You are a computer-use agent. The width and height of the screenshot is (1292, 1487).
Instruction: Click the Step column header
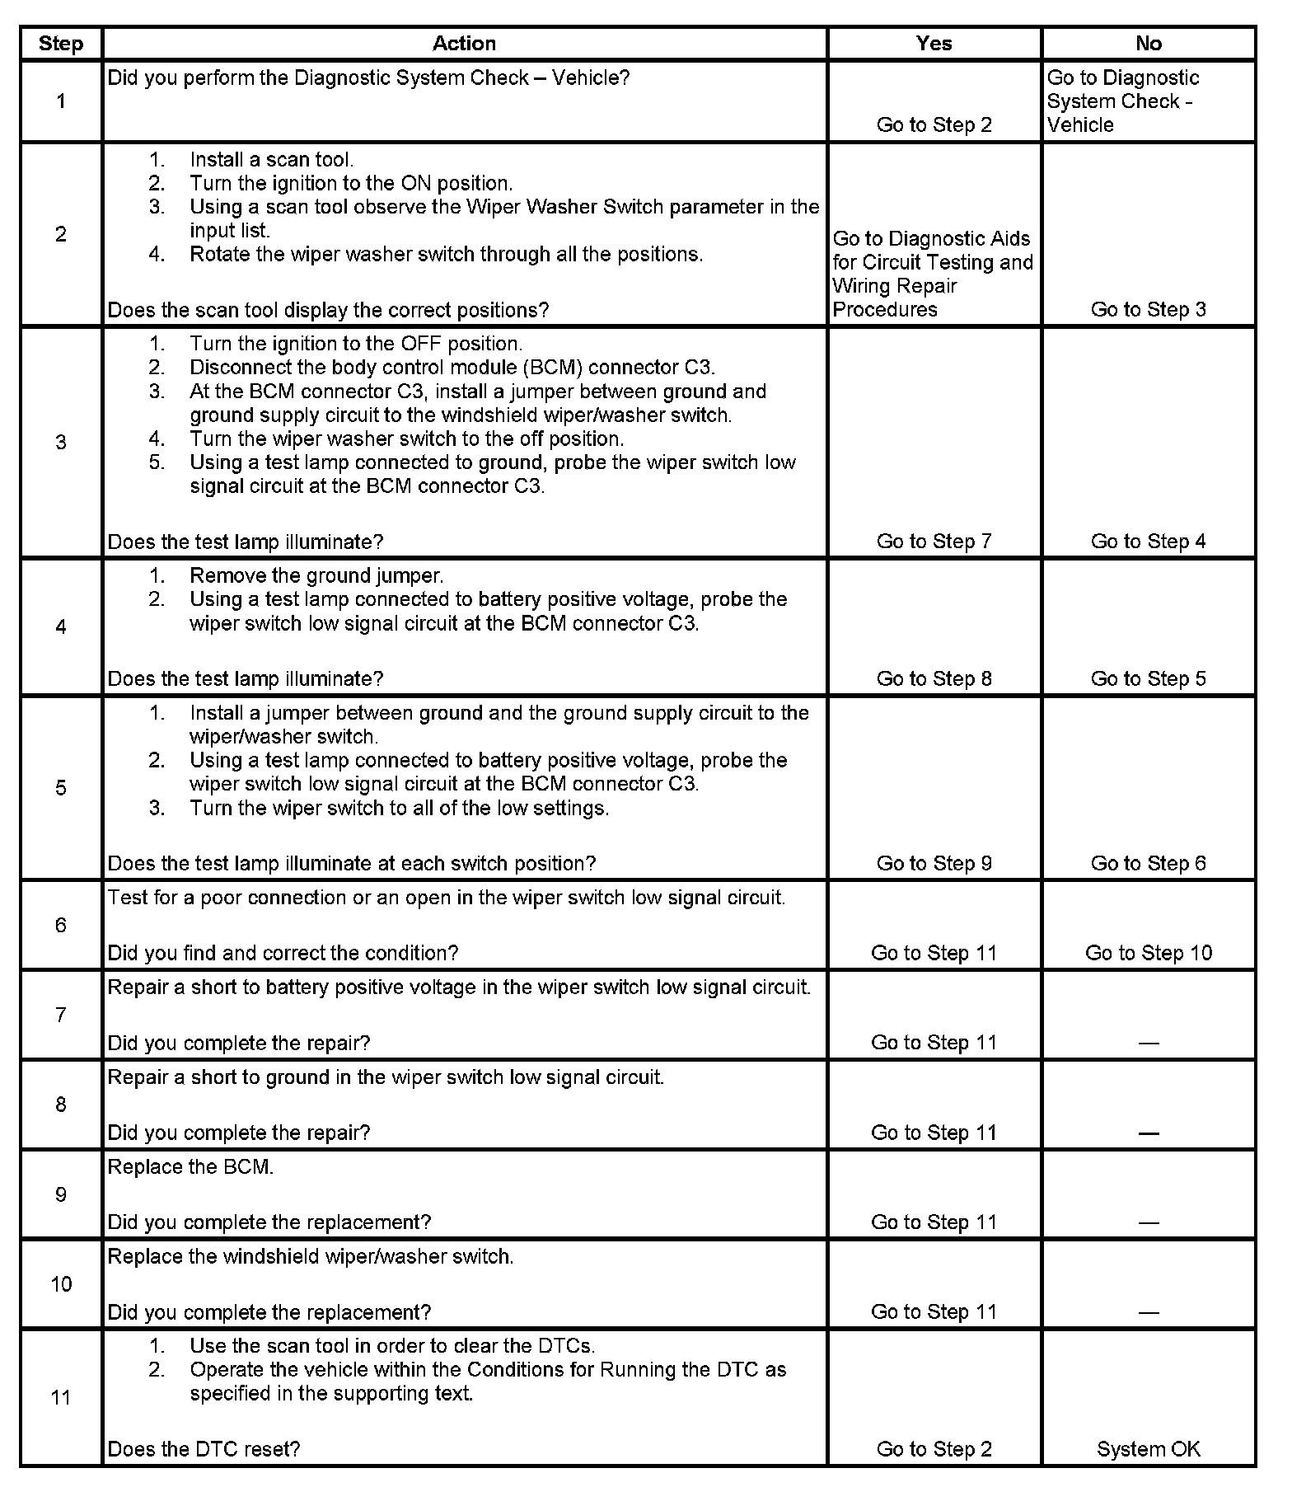pos(61,44)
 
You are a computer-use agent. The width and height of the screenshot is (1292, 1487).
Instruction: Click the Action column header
pos(464,44)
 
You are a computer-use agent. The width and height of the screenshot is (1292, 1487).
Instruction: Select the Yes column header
pos(934,44)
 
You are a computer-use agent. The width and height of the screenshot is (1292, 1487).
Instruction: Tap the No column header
pos(1148,44)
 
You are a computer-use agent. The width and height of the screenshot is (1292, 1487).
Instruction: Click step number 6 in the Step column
pos(61,925)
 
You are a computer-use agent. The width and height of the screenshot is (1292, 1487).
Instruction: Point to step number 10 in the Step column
pos(61,1284)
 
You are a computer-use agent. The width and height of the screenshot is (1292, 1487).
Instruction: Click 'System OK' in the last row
pos(1148,1449)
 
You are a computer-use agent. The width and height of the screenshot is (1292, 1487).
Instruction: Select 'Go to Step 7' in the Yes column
pos(934,542)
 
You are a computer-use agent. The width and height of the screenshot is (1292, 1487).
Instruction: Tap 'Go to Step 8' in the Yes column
pos(934,678)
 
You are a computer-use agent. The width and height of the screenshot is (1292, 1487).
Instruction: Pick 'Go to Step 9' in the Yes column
pos(934,863)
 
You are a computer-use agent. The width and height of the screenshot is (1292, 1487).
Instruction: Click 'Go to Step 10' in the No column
pos(1148,953)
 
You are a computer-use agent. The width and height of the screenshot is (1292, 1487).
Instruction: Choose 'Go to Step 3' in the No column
pos(1148,309)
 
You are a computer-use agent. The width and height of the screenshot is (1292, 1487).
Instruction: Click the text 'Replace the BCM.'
pos(190,1167)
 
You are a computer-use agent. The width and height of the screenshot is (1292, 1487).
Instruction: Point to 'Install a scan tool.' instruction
pos(271,160)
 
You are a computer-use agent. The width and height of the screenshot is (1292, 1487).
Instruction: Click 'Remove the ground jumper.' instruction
pos(316,575)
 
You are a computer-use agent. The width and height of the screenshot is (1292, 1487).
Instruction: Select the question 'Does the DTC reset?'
pos(204,1449)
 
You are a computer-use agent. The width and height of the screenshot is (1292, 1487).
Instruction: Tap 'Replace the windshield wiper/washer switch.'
pos(311,1257)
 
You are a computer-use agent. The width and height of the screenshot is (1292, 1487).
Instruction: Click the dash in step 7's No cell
pos(1148,1044)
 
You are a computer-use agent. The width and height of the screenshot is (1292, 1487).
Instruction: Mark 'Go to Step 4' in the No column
pos(1148,542)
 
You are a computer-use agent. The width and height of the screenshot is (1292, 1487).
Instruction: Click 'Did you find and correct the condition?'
pos(283,953)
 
